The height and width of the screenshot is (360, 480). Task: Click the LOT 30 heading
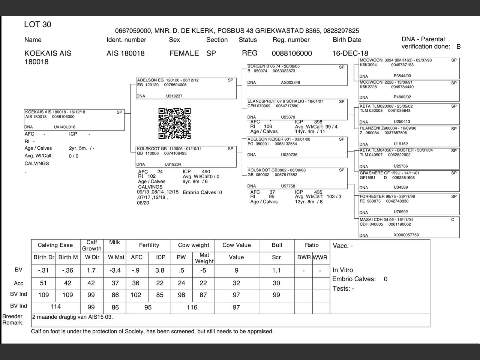tap(37, 25)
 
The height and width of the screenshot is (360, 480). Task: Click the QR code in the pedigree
tap(174, 123)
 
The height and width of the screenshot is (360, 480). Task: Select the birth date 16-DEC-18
tap(350, 53)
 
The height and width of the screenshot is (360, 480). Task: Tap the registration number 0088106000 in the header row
tap(292, 53)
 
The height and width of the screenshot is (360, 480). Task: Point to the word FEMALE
tap(184, 53)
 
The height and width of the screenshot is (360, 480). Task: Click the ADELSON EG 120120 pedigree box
tap(186, 88)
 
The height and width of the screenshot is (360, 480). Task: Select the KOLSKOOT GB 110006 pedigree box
tap(186, 157)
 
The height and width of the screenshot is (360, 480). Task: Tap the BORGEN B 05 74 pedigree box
tap(297, 75)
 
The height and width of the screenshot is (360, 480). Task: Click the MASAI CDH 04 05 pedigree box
tap(409, 227)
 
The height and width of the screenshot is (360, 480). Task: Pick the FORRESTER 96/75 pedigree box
tap(409, 204)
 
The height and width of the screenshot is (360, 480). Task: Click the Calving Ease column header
tap(55, 245)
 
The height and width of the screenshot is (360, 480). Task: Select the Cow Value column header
tap(237, 245)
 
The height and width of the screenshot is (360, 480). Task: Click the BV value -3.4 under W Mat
tap(115, 270)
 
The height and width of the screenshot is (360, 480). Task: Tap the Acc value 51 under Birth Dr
tap(43, 283)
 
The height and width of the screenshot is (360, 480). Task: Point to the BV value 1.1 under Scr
tap(276, 270)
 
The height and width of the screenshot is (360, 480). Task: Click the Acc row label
tap(18, 283)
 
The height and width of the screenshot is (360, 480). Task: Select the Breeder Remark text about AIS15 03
tap(72, 317)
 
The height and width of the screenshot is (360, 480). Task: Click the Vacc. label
tap(342, 246)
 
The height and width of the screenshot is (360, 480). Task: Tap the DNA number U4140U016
tap(64, 127)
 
